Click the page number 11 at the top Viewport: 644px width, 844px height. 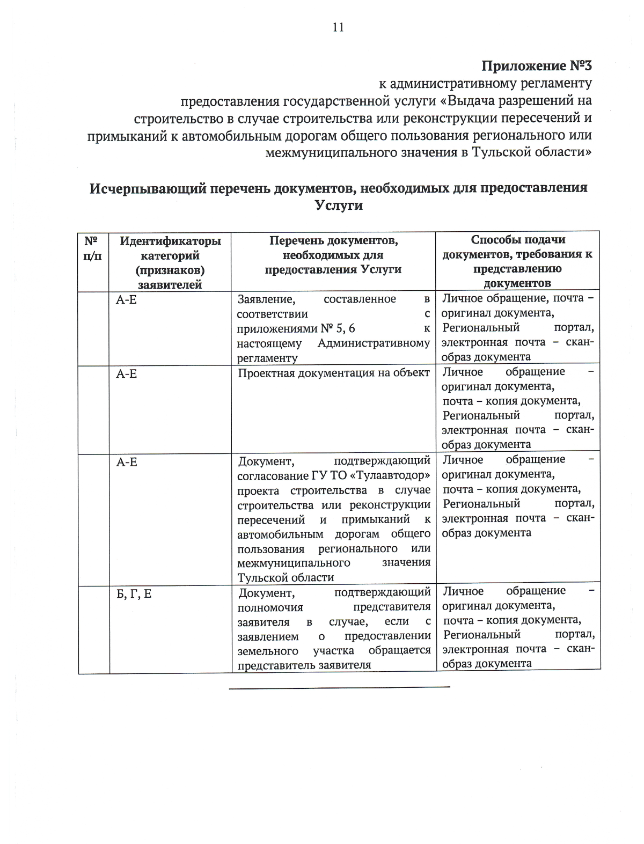pos(338,28)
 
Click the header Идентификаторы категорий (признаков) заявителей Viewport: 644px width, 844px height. pos(170,262)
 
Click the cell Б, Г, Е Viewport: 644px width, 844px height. pos(134,594)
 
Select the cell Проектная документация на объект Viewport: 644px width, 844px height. pos(333,373)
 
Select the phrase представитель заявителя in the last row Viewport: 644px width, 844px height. pos(304,665)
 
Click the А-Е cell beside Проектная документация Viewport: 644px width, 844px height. pos(127,373)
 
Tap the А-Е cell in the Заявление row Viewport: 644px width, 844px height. pos(127,299)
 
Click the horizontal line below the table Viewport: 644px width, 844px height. pos(339,687)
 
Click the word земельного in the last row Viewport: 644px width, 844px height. pos(268,650)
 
